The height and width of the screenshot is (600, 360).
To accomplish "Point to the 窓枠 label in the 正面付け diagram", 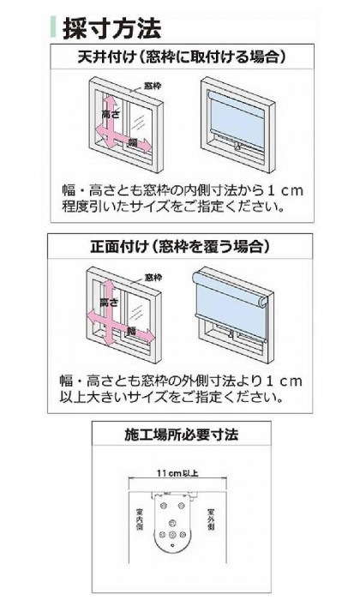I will pos(153,277).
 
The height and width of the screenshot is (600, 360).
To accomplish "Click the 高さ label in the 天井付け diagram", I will pos(109,113).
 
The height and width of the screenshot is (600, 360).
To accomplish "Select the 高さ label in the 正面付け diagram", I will pos(109,303).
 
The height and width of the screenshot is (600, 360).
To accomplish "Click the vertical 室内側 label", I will pos(138,518).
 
